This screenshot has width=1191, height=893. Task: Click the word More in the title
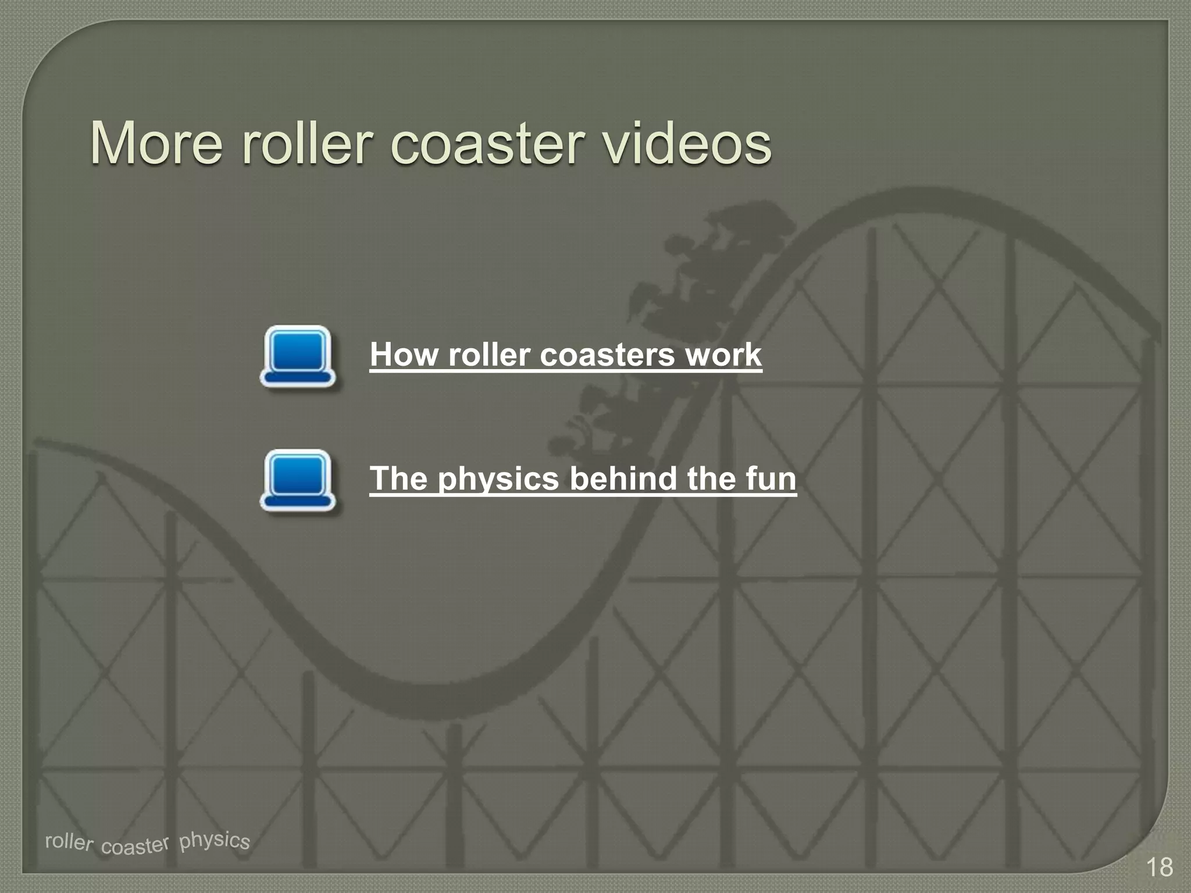coord(156,143)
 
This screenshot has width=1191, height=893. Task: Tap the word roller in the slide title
coord(306,143)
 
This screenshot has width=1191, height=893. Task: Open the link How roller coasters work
coord(565,355)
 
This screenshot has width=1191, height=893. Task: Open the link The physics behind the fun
coord(583,478)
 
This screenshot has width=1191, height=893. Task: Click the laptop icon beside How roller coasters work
coord(298,356)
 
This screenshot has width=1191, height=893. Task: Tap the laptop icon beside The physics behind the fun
coord(298,480)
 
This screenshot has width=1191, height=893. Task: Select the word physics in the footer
coord(214,840)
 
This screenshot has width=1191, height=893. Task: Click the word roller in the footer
coord(69,841)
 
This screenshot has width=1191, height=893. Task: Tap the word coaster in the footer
coord(135,845)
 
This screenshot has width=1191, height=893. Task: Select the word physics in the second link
coord(498,480)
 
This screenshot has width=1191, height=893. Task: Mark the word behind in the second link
coord(623,478)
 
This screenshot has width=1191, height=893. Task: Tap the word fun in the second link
coord(771,478)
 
